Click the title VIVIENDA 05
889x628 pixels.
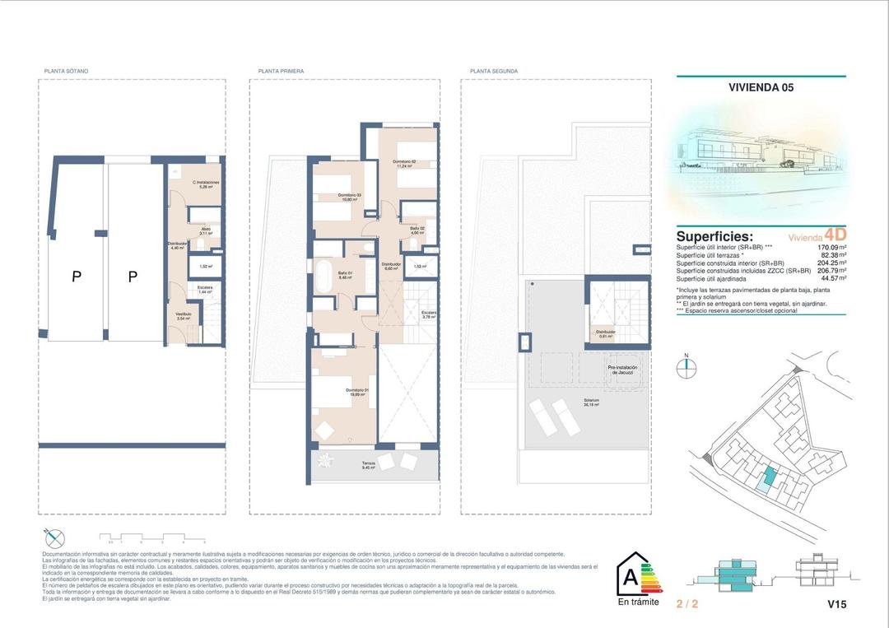761,86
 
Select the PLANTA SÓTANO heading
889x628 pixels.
66,72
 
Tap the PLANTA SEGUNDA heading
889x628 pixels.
493,72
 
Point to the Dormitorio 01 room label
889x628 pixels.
357,392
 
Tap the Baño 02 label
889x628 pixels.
417,230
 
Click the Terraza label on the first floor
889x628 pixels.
369,464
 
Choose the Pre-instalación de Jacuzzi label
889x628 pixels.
623,370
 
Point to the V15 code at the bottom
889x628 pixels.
836,604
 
